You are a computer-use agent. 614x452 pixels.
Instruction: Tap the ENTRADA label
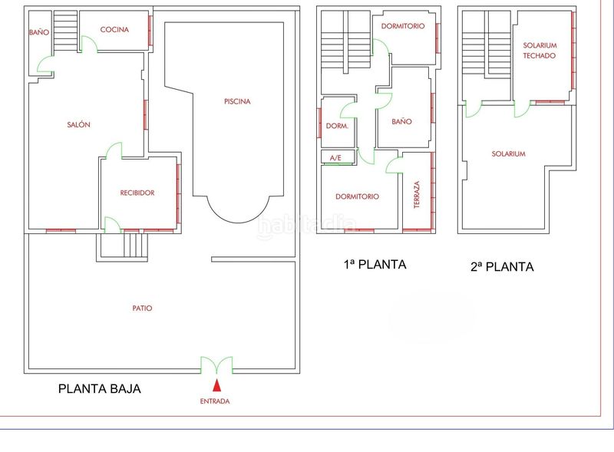coord(215,401)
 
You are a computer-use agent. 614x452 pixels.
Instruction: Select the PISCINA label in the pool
coord(237,101)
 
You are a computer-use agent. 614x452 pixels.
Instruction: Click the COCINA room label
coord(114,29)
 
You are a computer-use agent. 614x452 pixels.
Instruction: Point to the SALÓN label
coord(79,124)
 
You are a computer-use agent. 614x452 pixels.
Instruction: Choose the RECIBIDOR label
coord(137,193)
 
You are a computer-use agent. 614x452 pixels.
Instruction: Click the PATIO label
coord(142,308)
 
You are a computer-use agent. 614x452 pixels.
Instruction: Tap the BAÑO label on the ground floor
coord(39,32)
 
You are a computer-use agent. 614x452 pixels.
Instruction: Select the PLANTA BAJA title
coord(100,389)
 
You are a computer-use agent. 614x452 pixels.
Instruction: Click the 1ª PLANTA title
coord(375,265)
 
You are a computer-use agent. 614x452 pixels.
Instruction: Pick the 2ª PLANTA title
coord(502,267)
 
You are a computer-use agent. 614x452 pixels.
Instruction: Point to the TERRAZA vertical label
coord(417,194)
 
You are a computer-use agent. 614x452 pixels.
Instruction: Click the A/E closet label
coord(335,158)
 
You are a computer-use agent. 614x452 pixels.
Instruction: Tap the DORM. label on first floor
coord(337,126)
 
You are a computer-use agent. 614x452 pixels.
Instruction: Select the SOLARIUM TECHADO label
coord(540,51)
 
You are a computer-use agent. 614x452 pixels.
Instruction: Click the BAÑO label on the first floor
coord(401,121)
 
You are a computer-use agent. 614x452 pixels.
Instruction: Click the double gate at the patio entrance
coord(216,365)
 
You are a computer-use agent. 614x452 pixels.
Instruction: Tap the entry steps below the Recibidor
coord(136,246)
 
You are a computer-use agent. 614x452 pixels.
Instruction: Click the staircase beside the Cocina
coord(65,31)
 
